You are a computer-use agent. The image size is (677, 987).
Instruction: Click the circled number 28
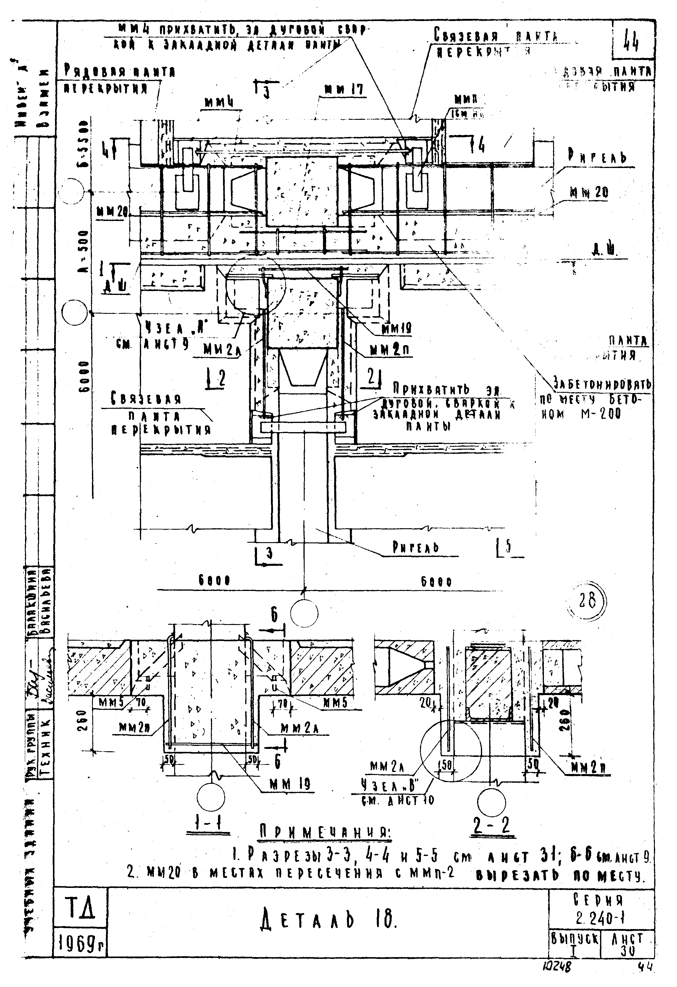587,601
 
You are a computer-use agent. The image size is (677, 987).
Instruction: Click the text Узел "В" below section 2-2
390,786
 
